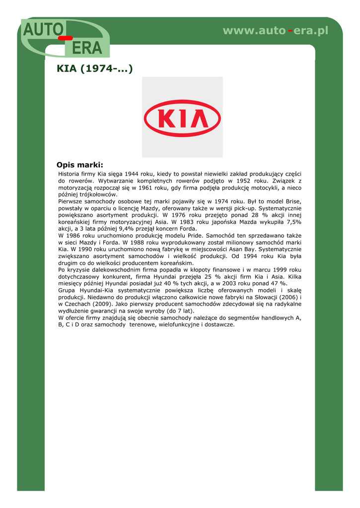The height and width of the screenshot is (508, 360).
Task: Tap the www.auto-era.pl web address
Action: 276,31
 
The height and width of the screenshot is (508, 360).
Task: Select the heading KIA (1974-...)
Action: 95,68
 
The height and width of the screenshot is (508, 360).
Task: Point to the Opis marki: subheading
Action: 80,165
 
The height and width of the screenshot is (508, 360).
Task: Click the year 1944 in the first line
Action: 132,174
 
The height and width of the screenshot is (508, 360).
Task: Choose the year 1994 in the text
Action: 253,256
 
